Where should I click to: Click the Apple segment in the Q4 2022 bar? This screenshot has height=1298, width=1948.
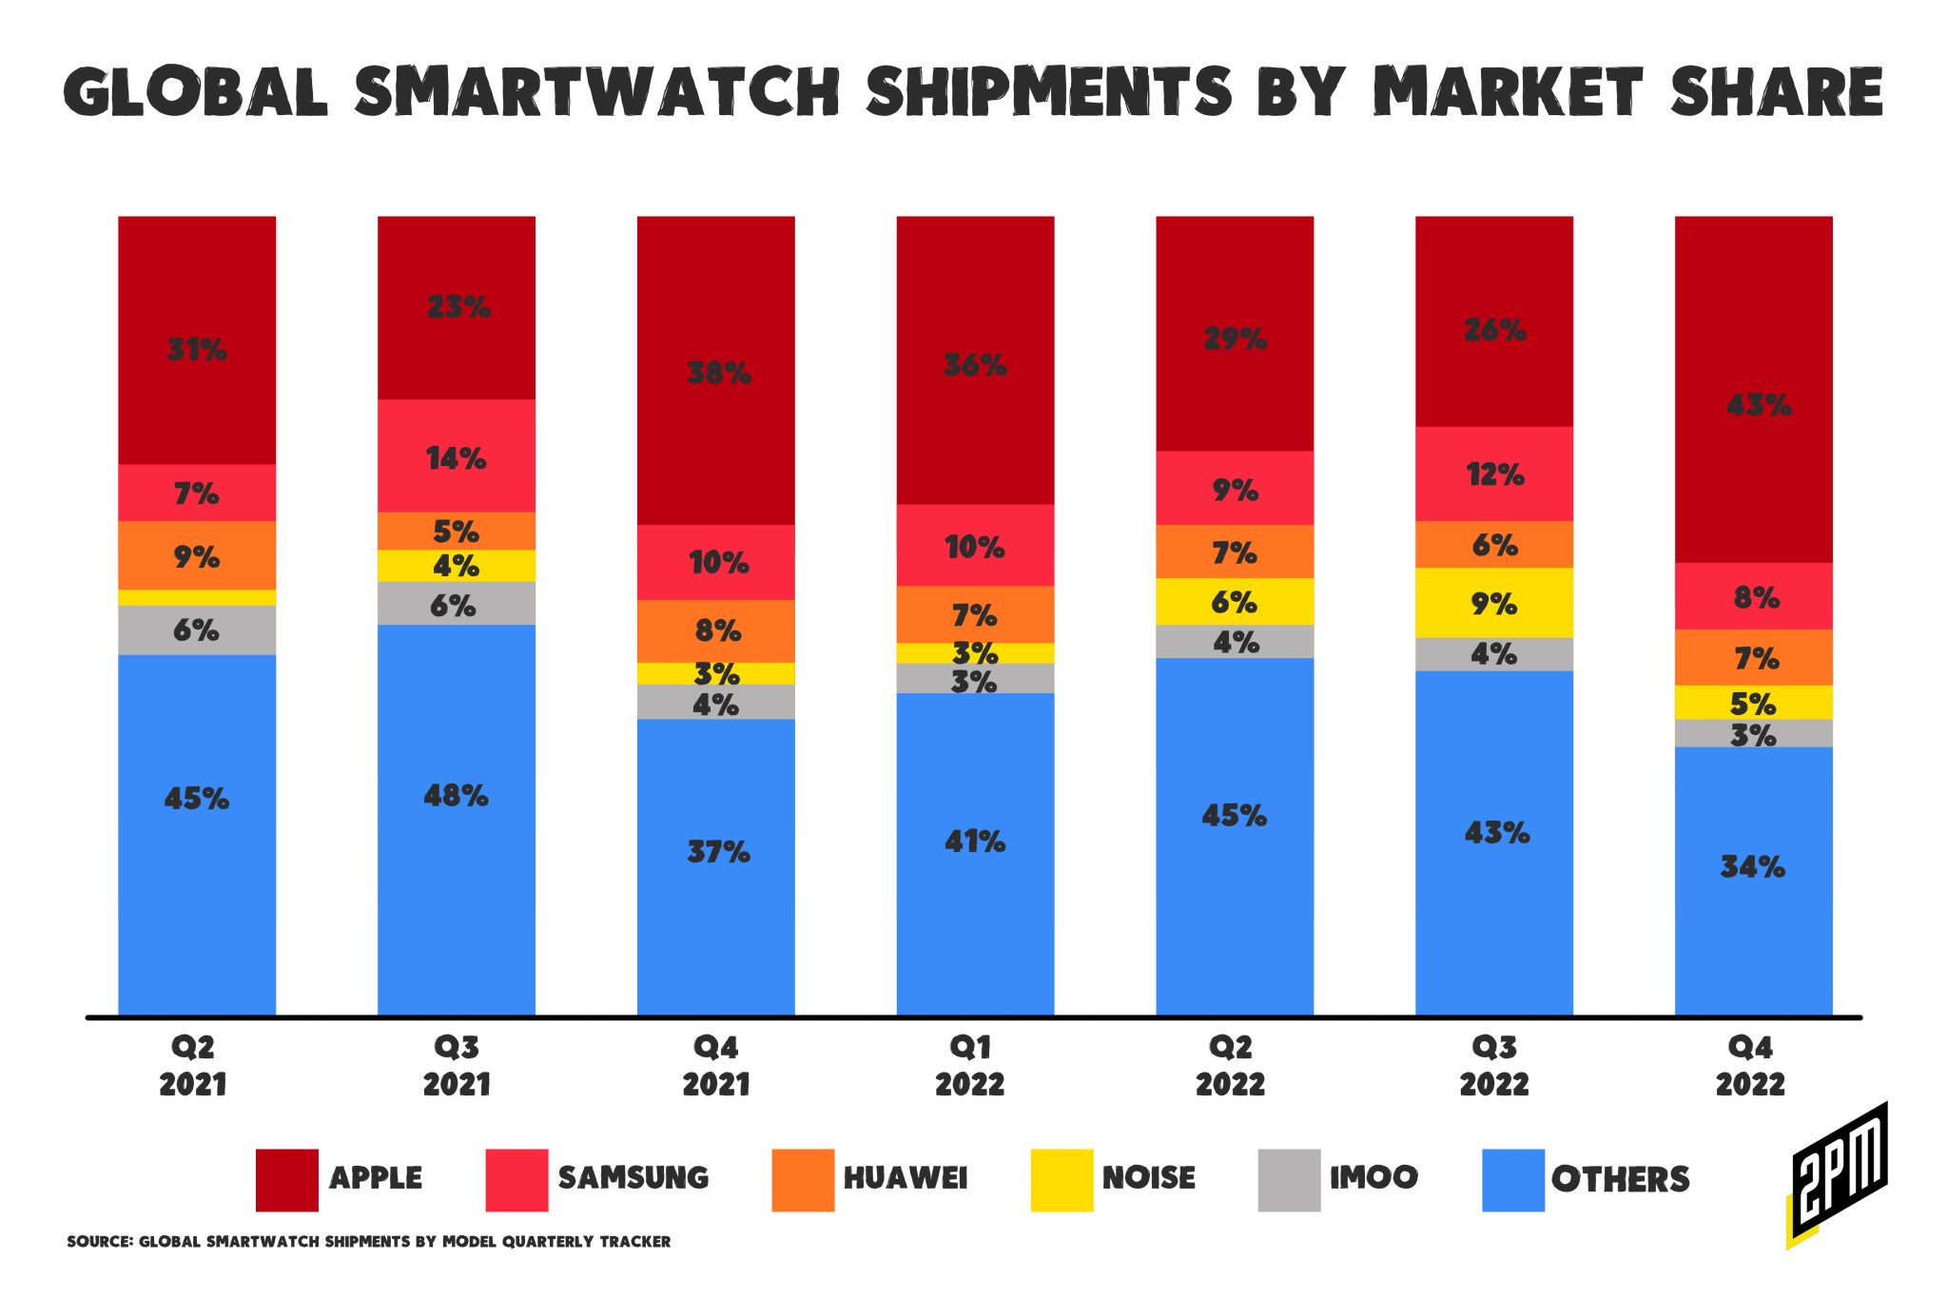click(1753, 390)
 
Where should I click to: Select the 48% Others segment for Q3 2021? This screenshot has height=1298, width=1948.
click(457, 818)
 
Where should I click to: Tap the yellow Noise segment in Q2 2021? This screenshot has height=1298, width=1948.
click(197, 597)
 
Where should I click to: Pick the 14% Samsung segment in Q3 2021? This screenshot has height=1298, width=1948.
click(457, 456)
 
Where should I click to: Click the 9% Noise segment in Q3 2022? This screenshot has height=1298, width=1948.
click(1494, 603)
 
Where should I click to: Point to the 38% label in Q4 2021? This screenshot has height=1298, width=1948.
click(718, 373)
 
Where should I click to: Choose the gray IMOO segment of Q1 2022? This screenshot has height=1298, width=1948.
click(975, 679)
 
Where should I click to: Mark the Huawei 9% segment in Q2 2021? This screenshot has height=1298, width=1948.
click(197, 555)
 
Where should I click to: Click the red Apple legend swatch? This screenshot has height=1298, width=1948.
click(287, 1180)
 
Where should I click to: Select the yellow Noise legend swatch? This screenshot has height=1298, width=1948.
click(1062, 1180)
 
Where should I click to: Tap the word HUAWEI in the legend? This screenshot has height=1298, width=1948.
click(905, 1178)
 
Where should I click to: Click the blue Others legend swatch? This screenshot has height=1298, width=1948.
click(1513, 1180)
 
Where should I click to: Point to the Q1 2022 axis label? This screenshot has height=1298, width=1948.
click(970, 1066)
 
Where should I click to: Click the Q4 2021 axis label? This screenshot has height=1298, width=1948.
click(716, 1066)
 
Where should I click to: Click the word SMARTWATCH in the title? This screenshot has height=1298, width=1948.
click(595, 93)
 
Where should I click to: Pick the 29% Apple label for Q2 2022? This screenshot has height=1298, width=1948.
click(1235, 339)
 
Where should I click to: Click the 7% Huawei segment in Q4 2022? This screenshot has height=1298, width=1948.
click(1753, 657)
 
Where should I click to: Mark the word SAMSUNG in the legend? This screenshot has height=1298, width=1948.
click(633, 1178)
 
